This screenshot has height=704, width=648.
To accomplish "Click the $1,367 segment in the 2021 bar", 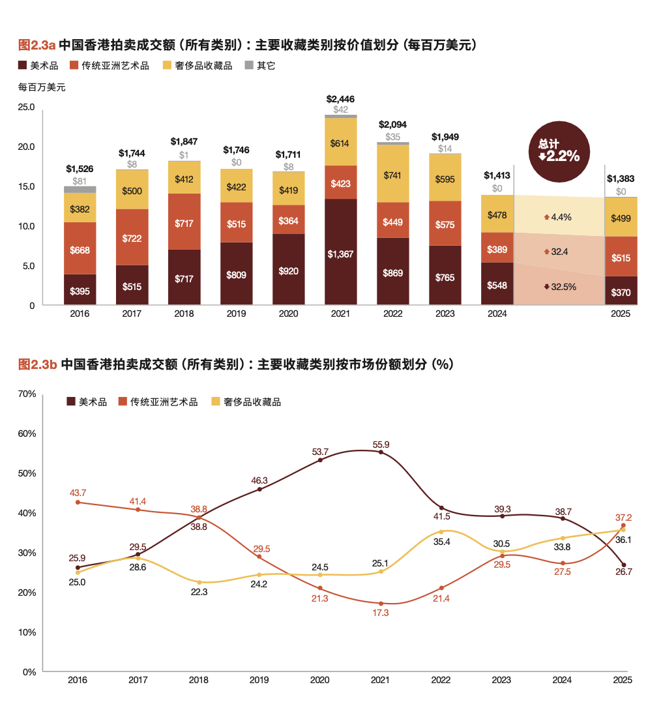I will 340,254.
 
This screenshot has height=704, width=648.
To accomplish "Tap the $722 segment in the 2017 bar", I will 132,238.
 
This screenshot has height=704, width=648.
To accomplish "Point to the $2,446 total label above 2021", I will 340,99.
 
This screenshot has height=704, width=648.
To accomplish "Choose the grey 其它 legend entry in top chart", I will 260,65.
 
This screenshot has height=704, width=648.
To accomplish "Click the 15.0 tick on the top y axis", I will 25,186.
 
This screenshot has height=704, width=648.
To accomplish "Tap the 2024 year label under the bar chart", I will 497,314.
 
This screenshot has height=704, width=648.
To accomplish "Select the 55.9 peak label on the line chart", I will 381,445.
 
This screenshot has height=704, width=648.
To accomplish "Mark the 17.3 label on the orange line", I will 381,613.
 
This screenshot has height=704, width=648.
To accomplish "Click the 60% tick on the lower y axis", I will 26,433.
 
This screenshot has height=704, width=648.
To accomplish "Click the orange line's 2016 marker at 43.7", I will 78,503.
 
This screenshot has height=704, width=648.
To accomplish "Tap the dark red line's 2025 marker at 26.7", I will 624,565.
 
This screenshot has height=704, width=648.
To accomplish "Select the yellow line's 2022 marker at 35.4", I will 441,532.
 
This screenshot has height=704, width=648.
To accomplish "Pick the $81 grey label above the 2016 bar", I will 80,181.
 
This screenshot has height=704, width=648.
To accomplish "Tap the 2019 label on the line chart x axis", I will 259,680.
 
